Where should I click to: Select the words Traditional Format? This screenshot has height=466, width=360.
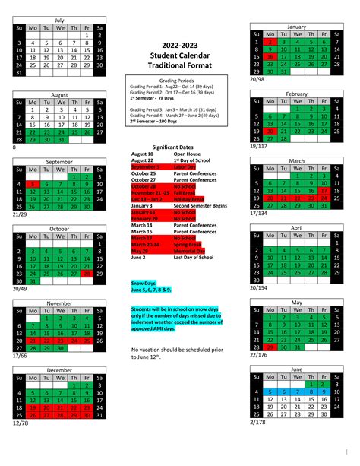(180, 65)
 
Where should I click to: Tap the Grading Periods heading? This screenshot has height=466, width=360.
(180, 81)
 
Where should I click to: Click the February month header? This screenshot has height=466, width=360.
(296, 93)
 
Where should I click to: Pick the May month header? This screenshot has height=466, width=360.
(296, 302)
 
